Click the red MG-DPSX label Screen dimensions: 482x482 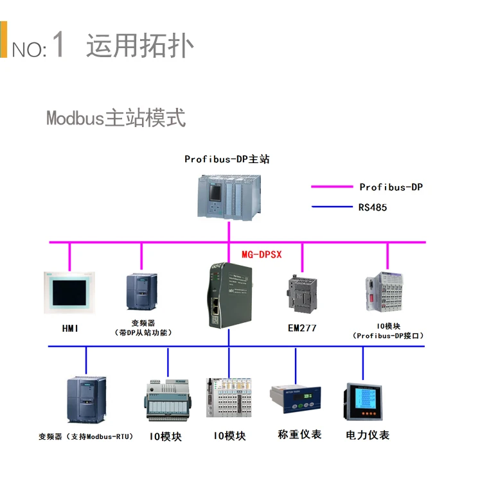coord(262,255)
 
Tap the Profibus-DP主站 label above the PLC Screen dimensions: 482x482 coord(227,159)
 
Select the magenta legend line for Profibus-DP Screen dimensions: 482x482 coord(332,187)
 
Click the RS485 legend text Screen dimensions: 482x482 coord(373,207)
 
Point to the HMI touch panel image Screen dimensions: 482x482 coord(69,292)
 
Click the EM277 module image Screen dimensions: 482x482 coord(303,294)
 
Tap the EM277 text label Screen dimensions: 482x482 coord(302,329)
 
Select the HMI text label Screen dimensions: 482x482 coord(70,329)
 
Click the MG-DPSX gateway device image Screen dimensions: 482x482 coord(229,295)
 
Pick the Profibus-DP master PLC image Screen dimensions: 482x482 coord(229,197)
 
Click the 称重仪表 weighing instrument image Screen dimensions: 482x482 coord(296,399)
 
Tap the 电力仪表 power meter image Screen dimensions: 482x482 coord(363,402)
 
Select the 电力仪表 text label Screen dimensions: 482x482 coord(368,435)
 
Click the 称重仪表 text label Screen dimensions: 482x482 coord(299,435)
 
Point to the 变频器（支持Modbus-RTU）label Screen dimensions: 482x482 coord(86,436)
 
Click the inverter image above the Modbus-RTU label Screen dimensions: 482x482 coord(87,400)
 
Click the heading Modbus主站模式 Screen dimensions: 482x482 coord(116,117)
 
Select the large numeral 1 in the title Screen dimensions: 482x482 coord(58,44)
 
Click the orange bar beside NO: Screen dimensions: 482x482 coord(3,39)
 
